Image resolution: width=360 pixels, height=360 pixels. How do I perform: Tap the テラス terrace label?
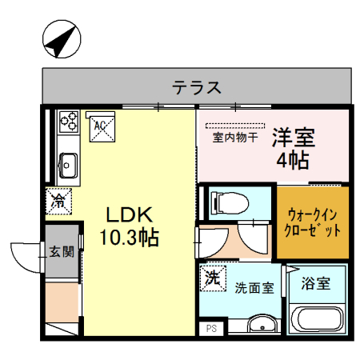coord(196,86)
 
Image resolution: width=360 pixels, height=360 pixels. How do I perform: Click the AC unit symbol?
coord(101,126)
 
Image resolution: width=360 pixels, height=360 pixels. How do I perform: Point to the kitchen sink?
coord(67,166)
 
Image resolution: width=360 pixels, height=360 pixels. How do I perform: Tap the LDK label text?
coord(132,214)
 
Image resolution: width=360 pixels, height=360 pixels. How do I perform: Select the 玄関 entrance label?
coord(62,252)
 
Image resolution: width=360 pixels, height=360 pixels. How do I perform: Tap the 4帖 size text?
coord(294,159)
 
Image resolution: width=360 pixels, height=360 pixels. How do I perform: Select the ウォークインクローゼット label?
coord(314,222)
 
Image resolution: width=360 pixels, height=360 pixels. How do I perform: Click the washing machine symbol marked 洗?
coord(213,278)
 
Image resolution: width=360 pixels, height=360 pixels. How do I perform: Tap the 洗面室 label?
coord(254,286)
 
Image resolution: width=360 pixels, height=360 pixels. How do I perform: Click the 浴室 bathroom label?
coord(317,283)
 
